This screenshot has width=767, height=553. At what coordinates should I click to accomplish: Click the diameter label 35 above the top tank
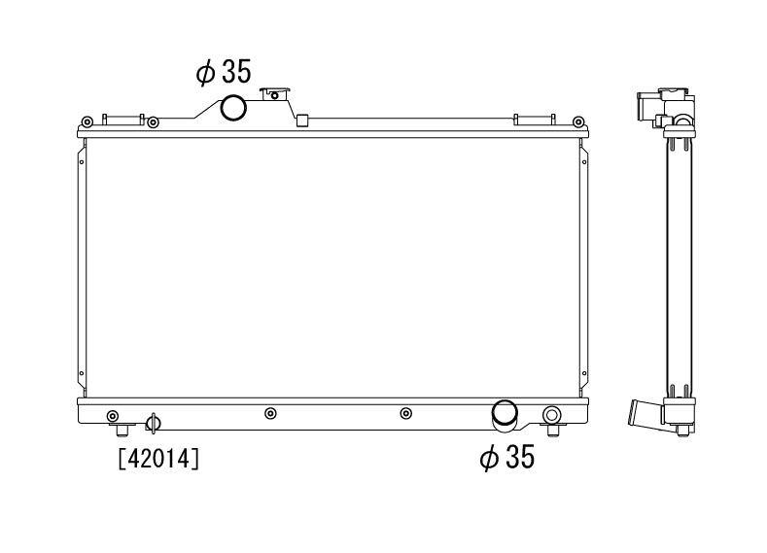click(224, 72)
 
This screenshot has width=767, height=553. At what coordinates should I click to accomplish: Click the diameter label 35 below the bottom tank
click(507, 457)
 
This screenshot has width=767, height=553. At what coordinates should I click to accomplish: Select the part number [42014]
click(159, 459)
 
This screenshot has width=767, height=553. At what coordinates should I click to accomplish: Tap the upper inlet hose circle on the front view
click(233, 108)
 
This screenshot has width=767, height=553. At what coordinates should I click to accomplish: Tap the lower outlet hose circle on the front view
click(505, 413)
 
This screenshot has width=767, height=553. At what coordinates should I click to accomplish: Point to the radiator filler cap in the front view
click(275, 93)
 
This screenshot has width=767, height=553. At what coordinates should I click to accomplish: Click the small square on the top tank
click(302, 120)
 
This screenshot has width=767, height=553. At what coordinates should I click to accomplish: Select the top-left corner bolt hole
click(87, 121)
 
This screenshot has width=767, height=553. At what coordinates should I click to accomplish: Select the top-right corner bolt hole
click(578, 121)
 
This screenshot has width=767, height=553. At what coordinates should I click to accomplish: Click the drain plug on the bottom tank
click(153, 423)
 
